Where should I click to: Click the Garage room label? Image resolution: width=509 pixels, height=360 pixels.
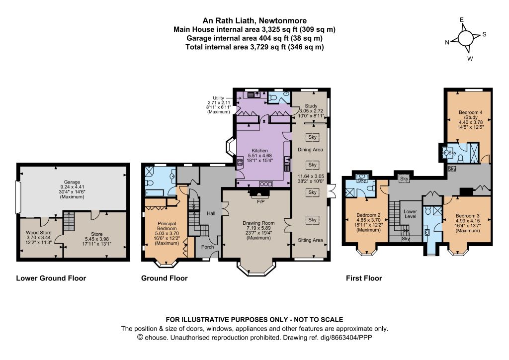coord(72,182)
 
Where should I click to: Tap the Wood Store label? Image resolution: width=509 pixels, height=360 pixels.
coord(39,232)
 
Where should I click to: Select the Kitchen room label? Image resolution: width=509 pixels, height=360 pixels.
coord(259,151)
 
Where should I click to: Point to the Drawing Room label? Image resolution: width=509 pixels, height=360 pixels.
coord(258,223)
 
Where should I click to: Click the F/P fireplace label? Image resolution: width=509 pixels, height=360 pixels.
coord(260,201)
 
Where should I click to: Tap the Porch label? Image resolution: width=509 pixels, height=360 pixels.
coord(207,247)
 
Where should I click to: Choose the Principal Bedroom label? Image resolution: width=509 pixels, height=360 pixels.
coord(167,226)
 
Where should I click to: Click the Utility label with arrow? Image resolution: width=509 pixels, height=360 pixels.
coord(218,98)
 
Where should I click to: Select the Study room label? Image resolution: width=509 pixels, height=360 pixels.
coord(311,106)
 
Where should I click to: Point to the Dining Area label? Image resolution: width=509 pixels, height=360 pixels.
coord(310,150)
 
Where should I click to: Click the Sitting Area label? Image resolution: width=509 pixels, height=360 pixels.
coord(310,240)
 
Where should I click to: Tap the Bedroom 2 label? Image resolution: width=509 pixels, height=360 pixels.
coord(368,215)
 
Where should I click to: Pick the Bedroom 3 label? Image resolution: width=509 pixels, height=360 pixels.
coord(467,216)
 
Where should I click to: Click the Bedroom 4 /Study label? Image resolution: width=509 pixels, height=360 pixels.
coord(471,114)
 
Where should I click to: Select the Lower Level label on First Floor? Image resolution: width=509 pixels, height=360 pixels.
coord(410,214)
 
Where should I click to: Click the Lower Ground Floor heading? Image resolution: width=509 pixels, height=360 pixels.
coord(51,278)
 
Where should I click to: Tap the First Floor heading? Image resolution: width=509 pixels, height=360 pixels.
coord(364,278)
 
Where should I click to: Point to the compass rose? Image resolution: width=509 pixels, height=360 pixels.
coord(465,39)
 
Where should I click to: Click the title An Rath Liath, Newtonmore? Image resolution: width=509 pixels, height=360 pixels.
coord(254,21)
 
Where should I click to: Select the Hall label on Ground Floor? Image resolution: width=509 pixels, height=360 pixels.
coord(211,213)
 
